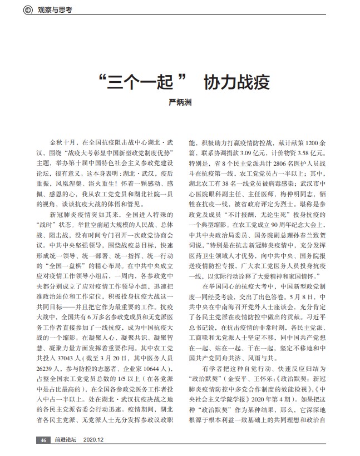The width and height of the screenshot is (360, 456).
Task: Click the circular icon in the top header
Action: click(28, 10)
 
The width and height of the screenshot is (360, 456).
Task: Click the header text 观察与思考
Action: click(56, 10)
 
